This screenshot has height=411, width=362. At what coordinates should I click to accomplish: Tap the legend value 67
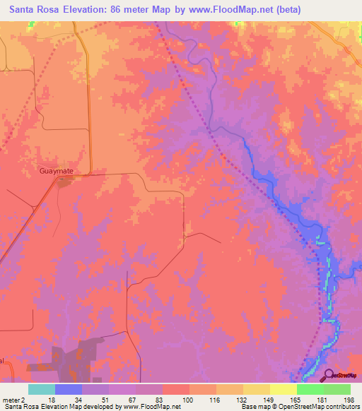pos(132,400)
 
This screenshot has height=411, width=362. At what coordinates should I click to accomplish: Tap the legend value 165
pos(293,400)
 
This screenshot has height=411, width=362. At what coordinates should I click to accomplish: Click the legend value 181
pos(320,400)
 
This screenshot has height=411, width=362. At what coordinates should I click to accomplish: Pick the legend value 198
pos(346,400)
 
